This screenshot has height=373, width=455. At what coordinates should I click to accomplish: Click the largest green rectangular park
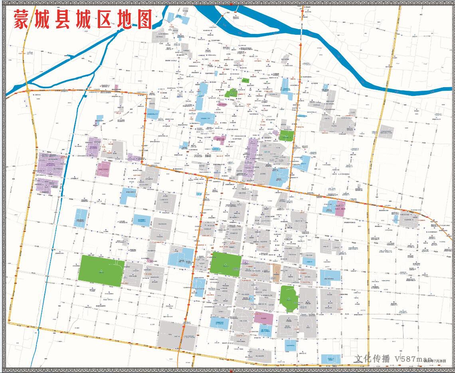pyautogui.click(x=101, y=271)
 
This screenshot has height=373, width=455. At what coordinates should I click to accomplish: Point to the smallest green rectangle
pyautogui.click(x=245, y=80)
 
